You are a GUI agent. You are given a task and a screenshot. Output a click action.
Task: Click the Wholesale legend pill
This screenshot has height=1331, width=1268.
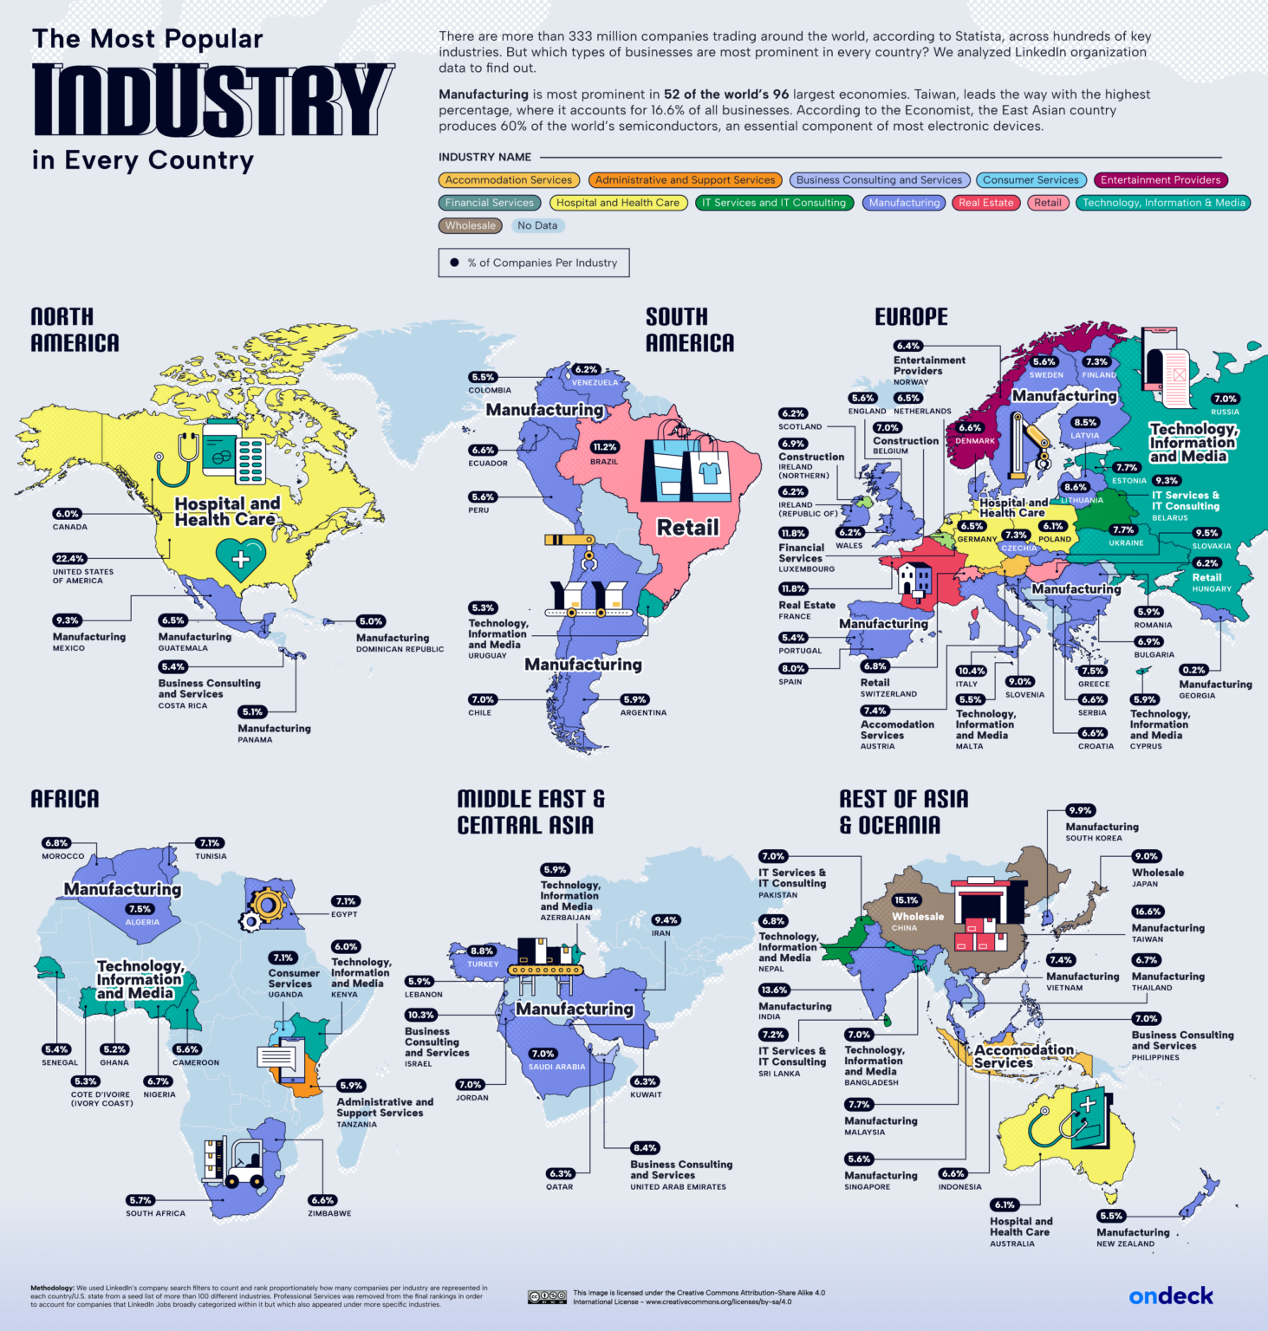[471, 225]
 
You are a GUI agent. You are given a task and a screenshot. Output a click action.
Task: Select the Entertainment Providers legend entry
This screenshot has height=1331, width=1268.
[1160, 180]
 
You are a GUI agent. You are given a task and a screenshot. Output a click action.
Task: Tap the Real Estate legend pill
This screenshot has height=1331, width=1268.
[985, 203]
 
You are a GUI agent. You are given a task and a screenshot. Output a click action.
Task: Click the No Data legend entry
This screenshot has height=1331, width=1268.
[537, 225]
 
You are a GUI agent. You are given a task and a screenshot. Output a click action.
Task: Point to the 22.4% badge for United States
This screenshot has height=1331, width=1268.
[68, 559]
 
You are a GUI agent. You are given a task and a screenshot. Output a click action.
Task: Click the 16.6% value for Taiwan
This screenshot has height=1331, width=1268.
[1148, 912]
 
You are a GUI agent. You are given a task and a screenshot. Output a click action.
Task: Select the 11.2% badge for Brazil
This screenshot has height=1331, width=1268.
[604, 447]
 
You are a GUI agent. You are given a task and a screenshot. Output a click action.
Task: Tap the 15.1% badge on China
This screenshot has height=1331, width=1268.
[906, 900]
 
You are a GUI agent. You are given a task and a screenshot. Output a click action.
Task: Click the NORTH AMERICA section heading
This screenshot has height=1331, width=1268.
[75, 329]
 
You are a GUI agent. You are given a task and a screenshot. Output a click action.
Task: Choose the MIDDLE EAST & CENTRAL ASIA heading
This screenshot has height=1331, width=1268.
[530, 811]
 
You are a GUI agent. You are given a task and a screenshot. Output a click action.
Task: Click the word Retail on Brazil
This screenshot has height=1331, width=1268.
[687, 527]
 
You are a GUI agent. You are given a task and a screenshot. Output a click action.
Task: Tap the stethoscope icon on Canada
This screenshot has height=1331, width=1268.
[178, 459]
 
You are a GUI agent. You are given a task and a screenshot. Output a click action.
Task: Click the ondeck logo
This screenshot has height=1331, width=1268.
[1170, 1295]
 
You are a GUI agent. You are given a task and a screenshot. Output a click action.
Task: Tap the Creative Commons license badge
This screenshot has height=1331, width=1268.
[547, 1297]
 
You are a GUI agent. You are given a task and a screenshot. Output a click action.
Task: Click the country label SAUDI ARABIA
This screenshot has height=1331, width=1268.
[556, 1067]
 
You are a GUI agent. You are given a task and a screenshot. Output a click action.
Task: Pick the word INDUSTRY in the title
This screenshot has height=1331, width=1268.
[212, 101]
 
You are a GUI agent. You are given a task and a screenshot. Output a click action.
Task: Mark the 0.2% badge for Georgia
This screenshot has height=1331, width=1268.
[1193, 670]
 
